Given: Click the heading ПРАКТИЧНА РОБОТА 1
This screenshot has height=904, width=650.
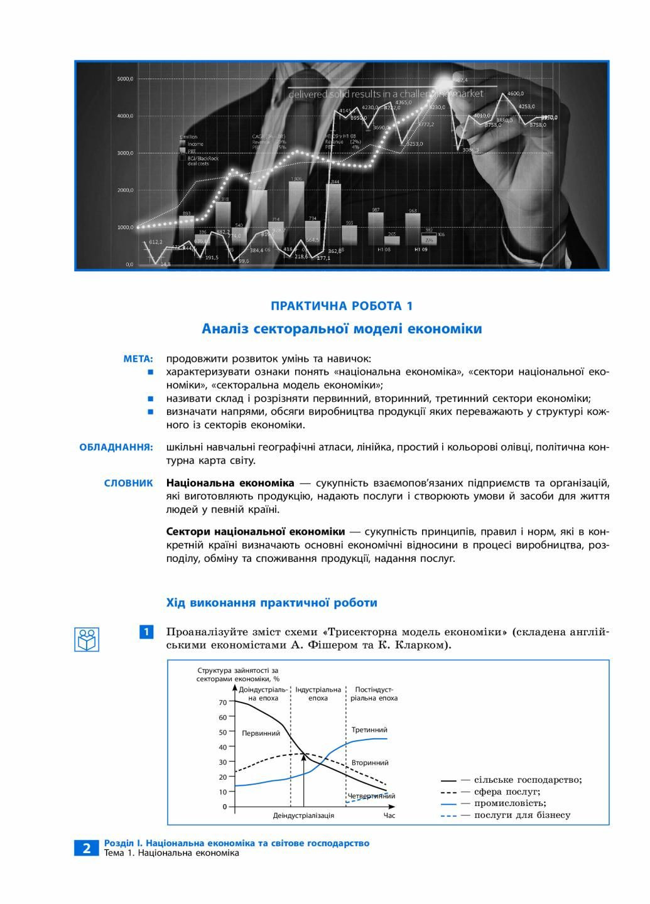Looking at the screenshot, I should click(342, 306).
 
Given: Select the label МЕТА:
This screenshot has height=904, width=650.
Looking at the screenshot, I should click(138, 359).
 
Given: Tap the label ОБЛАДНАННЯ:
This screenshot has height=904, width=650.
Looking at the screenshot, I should click(116, 448).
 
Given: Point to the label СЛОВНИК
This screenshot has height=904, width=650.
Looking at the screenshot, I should click(128, 483).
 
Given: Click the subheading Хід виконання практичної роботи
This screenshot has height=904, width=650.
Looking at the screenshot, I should click(271, 603).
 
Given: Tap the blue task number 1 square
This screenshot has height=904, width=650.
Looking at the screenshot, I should click(146, 632).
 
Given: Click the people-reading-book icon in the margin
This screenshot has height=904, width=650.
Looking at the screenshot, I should click(87, 639).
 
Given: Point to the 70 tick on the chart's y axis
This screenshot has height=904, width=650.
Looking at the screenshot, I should click(223, 702).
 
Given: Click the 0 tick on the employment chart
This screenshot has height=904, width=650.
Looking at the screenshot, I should click(224, 807).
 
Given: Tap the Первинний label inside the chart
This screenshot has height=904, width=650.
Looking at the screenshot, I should click(261, 733).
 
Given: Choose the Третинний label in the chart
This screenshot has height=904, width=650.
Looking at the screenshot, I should click(369, 730).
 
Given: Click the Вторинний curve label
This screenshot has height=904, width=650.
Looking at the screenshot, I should click(370, 763).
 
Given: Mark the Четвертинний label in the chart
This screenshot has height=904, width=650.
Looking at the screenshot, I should click(372, 796).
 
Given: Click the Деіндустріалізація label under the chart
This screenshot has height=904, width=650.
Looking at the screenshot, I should click(303, 815).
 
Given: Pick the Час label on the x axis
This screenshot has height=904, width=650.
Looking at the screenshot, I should click(389, 815).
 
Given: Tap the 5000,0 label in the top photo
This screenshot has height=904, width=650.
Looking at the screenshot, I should click(125, 79).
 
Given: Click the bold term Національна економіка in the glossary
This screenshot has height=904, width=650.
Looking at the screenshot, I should click(230, 483).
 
